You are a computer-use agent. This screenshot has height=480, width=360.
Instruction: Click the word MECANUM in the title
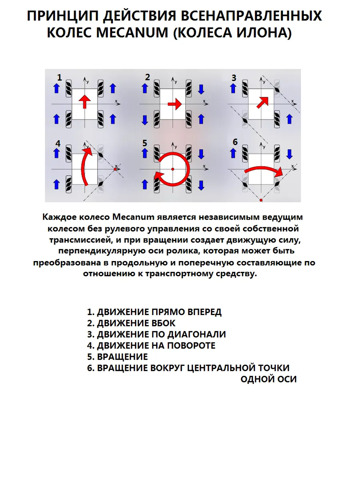point(132,33)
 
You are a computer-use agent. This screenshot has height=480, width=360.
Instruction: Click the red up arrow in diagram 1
point(85,102)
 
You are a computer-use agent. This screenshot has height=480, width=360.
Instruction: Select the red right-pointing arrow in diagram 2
point(175,104)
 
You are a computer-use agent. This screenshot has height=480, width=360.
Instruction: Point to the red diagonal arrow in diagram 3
point(262,102)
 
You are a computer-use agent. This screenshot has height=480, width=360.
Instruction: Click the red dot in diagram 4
point(116,169)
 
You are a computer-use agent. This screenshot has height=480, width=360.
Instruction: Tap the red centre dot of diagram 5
point(173,169)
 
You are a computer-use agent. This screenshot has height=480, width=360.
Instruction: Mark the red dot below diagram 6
point(261,200)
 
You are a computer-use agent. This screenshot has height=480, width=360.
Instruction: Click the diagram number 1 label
point(59,77)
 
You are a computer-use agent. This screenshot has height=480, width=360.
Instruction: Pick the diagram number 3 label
point(234,78)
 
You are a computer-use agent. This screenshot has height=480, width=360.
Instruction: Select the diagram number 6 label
point(235,142)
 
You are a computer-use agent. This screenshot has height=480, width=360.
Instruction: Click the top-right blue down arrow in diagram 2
point(201,89)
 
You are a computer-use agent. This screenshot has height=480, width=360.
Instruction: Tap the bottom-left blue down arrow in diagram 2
point(145,120)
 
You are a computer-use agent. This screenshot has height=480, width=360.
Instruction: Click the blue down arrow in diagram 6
point(289,154)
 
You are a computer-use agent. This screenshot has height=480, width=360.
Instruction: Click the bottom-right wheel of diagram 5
point(189,184)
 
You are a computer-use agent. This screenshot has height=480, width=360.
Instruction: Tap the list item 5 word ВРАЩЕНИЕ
point(122,357)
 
